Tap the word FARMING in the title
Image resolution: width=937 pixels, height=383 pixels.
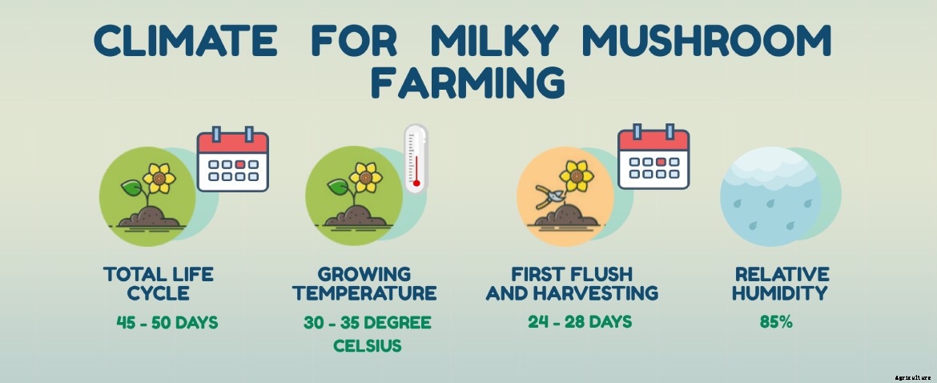pos(468,83)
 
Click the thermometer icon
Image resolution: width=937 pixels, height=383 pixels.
pos(416,159)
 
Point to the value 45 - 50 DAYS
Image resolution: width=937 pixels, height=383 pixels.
pos(167,323)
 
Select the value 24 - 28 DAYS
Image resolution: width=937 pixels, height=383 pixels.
pos(580,322)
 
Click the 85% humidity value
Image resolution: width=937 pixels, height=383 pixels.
pos(776,322)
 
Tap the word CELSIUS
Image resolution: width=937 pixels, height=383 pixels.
pos(368,347)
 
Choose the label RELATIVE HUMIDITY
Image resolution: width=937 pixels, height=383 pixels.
pos(779,284)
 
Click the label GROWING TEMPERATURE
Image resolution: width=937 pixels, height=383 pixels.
pos(365,284)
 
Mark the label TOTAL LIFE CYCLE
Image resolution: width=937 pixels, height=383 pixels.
pos(159,284)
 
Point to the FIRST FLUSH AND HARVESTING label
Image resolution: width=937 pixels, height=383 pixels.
pos(572,284)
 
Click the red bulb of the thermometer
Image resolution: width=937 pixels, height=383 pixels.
pos(416,183)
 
